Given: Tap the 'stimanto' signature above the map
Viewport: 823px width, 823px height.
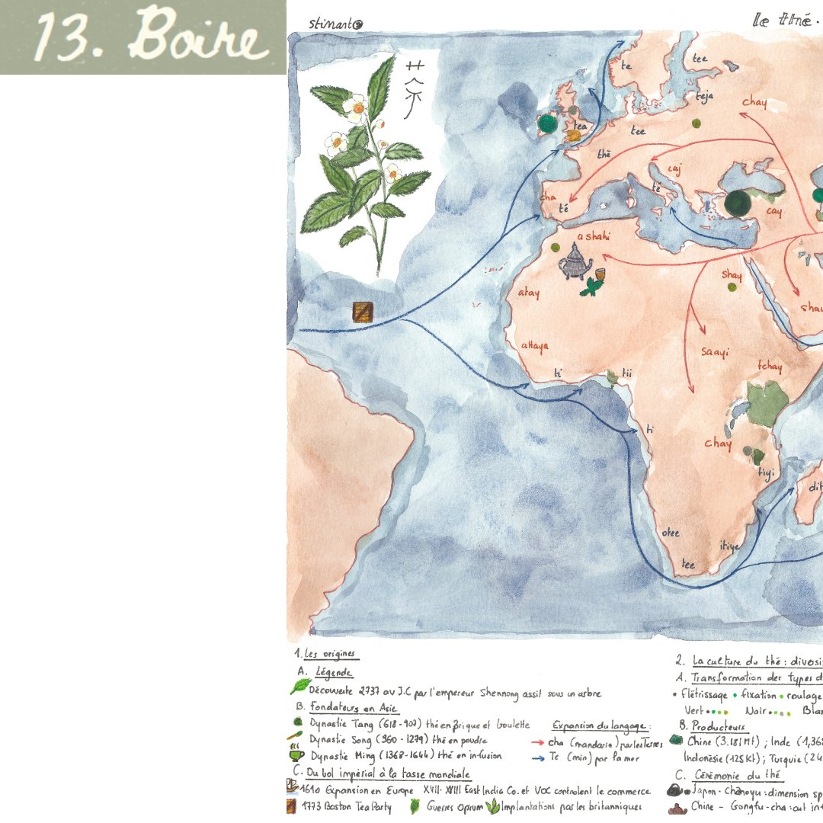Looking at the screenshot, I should tap(336, 24).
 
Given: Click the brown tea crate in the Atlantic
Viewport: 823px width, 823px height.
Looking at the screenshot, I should tap(363, 312).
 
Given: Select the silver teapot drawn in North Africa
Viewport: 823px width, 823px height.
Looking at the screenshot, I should tap(575, 266).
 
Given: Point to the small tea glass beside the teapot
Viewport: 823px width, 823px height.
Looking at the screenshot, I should tap(601, 274).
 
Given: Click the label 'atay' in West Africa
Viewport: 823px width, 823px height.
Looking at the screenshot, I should tap(528, 293).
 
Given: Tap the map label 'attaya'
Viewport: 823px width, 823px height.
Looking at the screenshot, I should tap(534, 345).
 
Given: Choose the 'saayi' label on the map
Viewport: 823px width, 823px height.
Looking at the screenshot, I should tap(715, 352).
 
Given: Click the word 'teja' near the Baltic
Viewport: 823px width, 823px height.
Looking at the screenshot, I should tap(704, 97).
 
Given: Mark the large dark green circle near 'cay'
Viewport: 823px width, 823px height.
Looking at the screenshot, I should tap(737, 203).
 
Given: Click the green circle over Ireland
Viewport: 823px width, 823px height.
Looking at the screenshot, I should tap(546, 123).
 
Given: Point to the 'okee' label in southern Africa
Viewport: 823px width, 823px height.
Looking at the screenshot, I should tap(671, 533).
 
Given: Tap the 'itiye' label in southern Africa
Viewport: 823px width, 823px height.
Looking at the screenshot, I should tap(729, 546).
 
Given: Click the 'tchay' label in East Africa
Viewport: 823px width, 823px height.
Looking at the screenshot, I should tap(769, 367).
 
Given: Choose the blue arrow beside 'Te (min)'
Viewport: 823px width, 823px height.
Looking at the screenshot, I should tap(535, 757).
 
